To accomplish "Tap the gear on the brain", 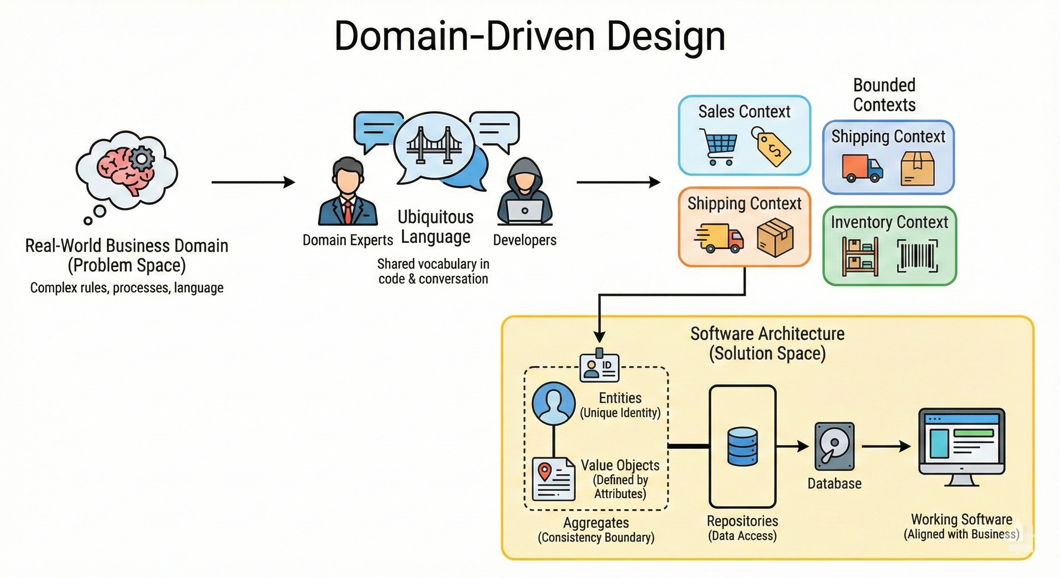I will [x=142, y=158].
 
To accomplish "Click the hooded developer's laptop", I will [x=524, y=211].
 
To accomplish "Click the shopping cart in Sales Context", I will [x=719, y=146].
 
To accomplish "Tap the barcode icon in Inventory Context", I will [x=917, y=256].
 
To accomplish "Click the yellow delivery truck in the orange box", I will [x=720, y=238].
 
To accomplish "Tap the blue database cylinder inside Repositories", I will [x=742, y=446].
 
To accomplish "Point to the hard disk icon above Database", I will [x=834, y=446].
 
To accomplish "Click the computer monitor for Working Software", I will [x=962, y=446].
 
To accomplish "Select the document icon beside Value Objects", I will [x=553, y=479].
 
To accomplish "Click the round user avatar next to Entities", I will [x=553, y=403].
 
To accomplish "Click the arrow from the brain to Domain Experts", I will [x=253, y=182].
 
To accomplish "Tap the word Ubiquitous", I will [x=436, y=217].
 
